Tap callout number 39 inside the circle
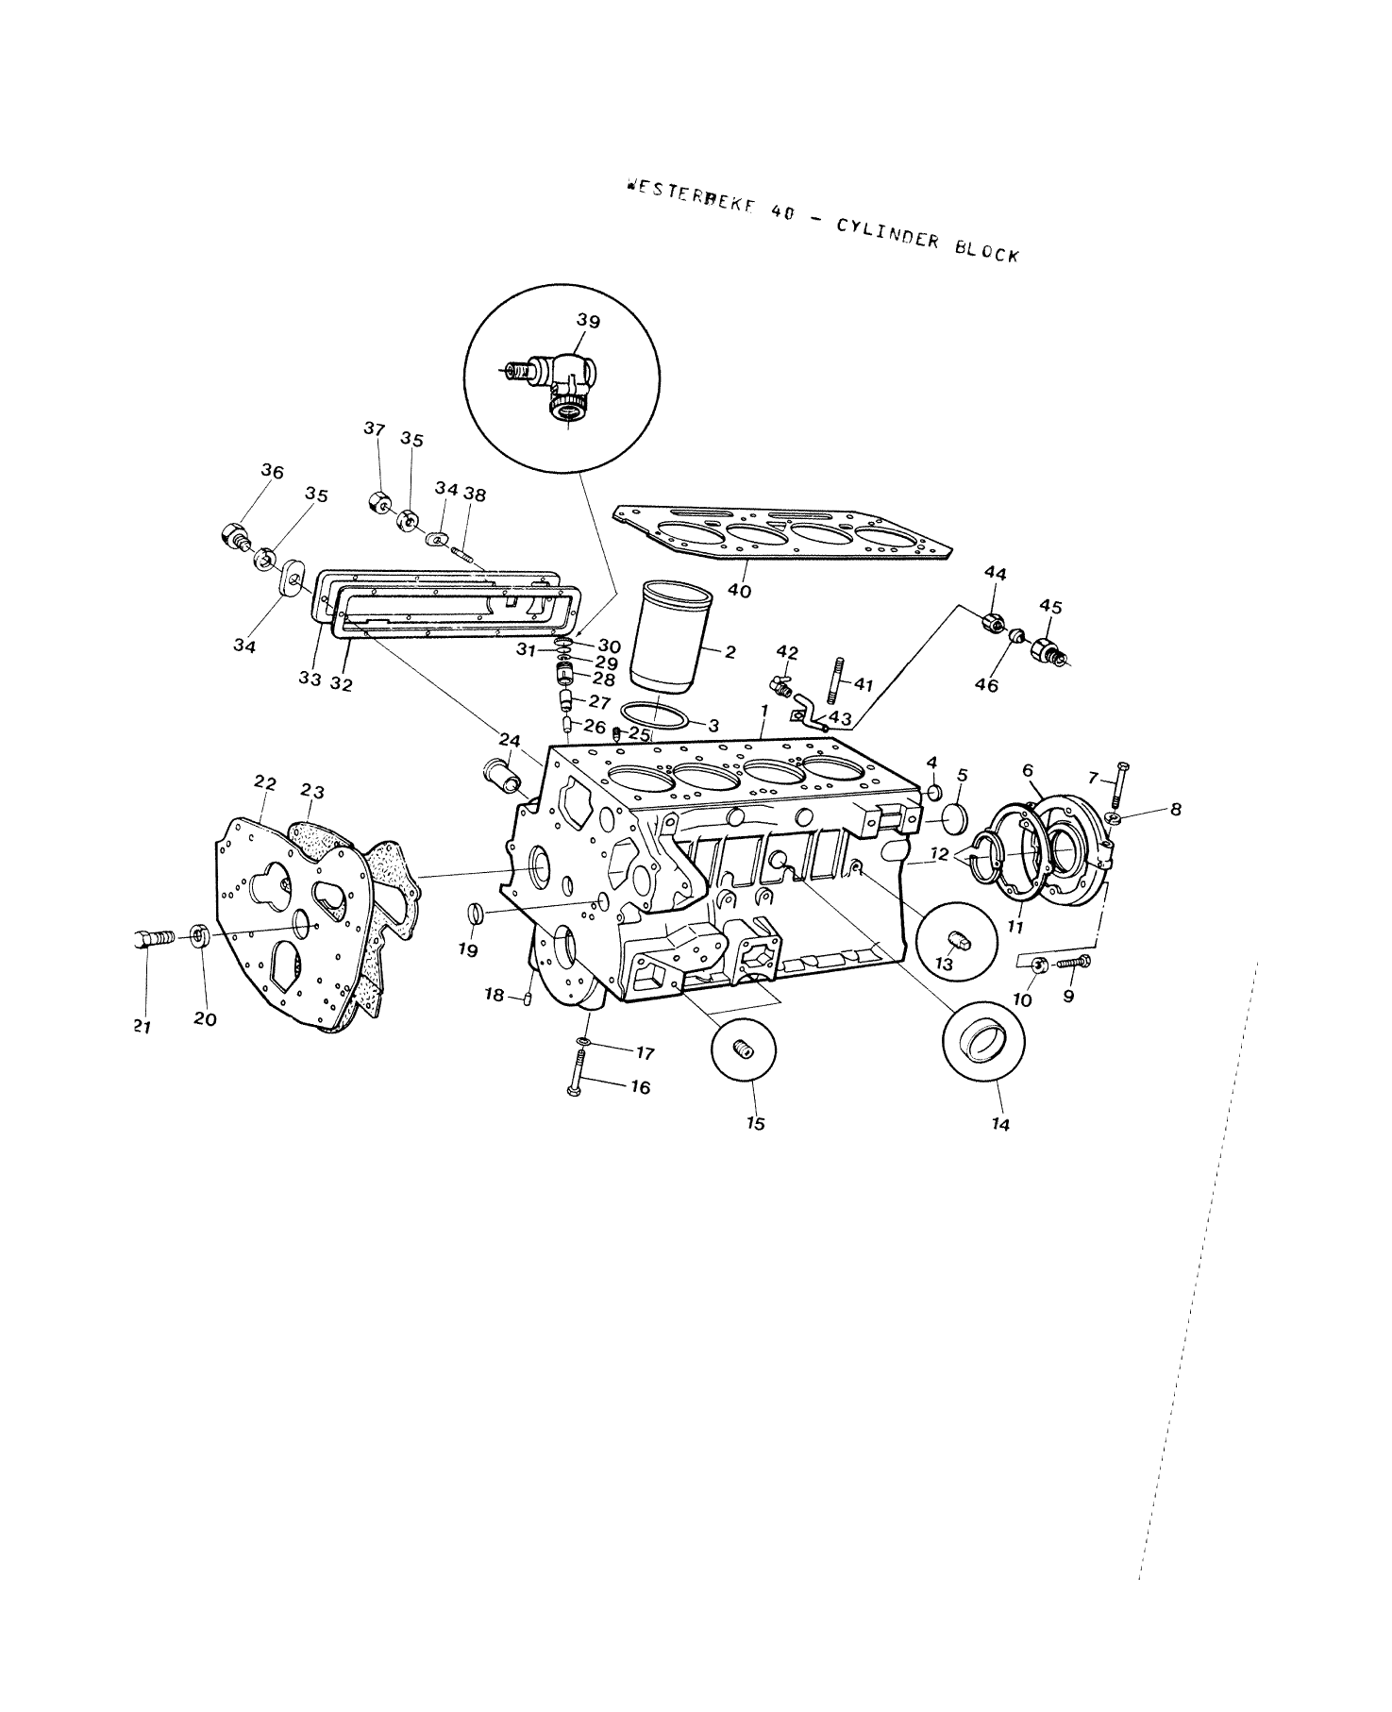coord(588,322)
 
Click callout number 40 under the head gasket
coord(740,591)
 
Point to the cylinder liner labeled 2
coord(671,637)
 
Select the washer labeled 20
coord(199,936)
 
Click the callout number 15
coord(755,1123)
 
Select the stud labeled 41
coord(836,681)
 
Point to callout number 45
coord(1050,607)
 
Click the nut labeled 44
coord(991,623)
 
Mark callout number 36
coord(273,471)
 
